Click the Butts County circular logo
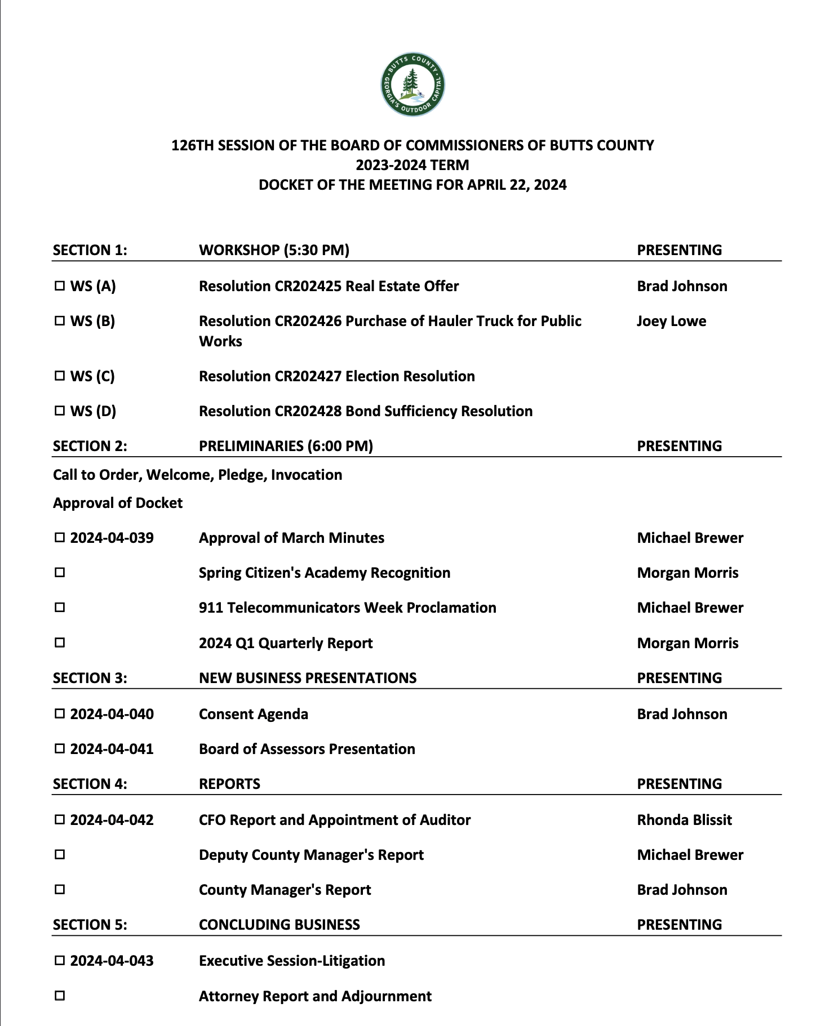[412, 84]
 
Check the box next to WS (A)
[60, 286]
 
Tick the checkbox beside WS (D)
[60, 411]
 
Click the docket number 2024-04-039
[112, 538]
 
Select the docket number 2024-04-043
[112, 961]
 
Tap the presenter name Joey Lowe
[671, 321]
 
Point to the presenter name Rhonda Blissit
[684, 820]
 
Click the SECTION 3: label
[90, 678]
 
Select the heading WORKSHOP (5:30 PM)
[274, 250]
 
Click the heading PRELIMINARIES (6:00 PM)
[286, 446]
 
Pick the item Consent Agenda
[254, 714]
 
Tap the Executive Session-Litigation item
[292, 961]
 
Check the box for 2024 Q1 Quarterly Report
[60, 643]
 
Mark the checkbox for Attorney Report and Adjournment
[60, 996]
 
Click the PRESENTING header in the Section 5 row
[679, 925]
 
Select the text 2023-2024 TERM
[412, 165]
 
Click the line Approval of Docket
[118, 503]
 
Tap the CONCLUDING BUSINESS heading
[280, 925]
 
